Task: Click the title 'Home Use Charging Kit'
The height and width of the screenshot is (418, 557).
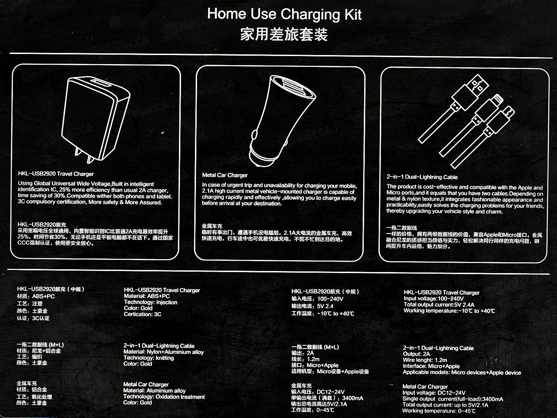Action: click(284, 14)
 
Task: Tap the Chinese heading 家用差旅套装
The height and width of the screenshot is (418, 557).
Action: click(284, 34)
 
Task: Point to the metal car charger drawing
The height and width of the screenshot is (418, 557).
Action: click(282, 121)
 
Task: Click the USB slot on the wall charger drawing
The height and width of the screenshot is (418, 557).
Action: click(101, 84)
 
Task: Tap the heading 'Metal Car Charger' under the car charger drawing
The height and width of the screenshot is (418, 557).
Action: click(225, 175)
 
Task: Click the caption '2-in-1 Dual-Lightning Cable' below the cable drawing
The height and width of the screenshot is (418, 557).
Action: click(422, 177)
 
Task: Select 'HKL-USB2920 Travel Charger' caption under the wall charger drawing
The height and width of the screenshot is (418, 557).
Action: click(56, 174)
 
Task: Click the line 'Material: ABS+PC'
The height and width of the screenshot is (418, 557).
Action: click(147, 296)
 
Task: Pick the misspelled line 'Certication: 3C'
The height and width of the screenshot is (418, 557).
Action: click(142, 314)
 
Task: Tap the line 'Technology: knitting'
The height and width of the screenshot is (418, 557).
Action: click(148, 358)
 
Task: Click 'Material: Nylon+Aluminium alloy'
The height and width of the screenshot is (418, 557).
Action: click(163, 352)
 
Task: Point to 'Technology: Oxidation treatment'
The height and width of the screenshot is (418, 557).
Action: click(164, 397)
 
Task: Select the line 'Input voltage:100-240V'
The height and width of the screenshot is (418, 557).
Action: click(434, 299)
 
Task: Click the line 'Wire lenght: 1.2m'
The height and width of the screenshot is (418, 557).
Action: click(425, 360)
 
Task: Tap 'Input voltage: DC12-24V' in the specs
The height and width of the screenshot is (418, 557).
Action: click(434, 393)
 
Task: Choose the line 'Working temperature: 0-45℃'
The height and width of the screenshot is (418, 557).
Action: click(439, 411)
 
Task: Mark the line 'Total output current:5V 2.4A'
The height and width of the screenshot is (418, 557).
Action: click(439, 304)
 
